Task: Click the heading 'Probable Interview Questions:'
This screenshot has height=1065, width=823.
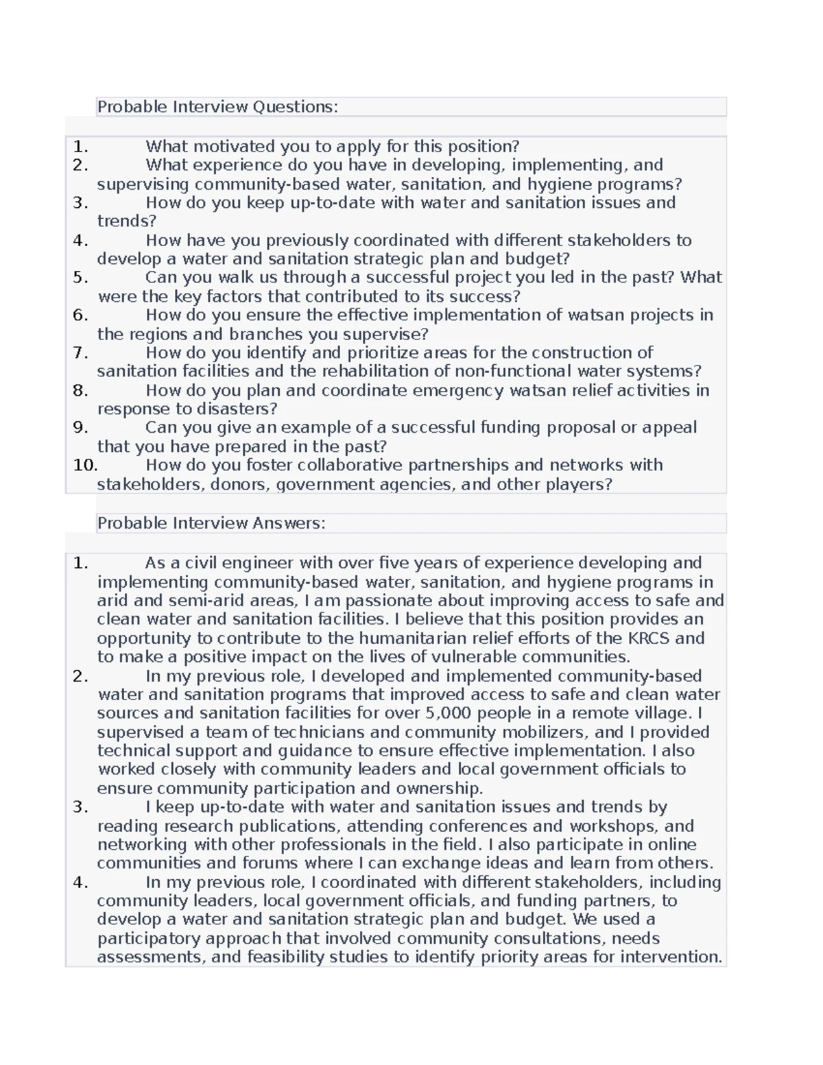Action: pos(217,107)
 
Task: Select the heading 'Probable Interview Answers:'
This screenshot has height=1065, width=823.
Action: pos(211,523)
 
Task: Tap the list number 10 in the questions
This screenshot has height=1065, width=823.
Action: pos(85,466)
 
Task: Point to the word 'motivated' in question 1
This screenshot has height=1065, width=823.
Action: pos(229,147)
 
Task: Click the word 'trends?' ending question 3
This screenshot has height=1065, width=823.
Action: pos(127,222)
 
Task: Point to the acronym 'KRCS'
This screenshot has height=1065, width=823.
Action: pos(649,638)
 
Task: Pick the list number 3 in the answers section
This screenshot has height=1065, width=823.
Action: pos(80,807)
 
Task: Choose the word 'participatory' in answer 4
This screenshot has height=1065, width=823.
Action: pos(149,939)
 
